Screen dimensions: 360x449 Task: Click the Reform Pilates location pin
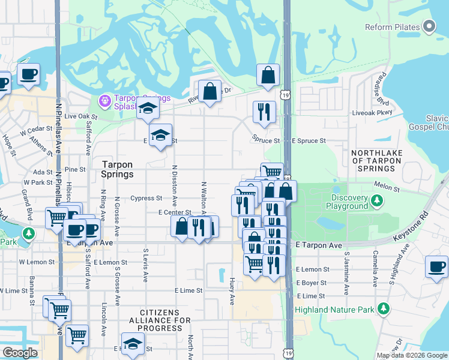[429, 27]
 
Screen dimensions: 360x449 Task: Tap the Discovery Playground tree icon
[377, 199]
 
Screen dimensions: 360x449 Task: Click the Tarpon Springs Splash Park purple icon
[104, 100]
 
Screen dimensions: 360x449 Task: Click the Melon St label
[387, 188]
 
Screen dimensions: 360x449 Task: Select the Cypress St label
[146, 198]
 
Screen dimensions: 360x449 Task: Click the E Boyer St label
[311, 283]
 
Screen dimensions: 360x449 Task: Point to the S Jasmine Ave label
[347, 272]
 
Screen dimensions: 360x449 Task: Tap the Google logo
[20, 353]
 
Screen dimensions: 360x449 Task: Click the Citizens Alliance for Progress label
[160, 320]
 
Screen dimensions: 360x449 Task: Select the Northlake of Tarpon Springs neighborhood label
[376, 161]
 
